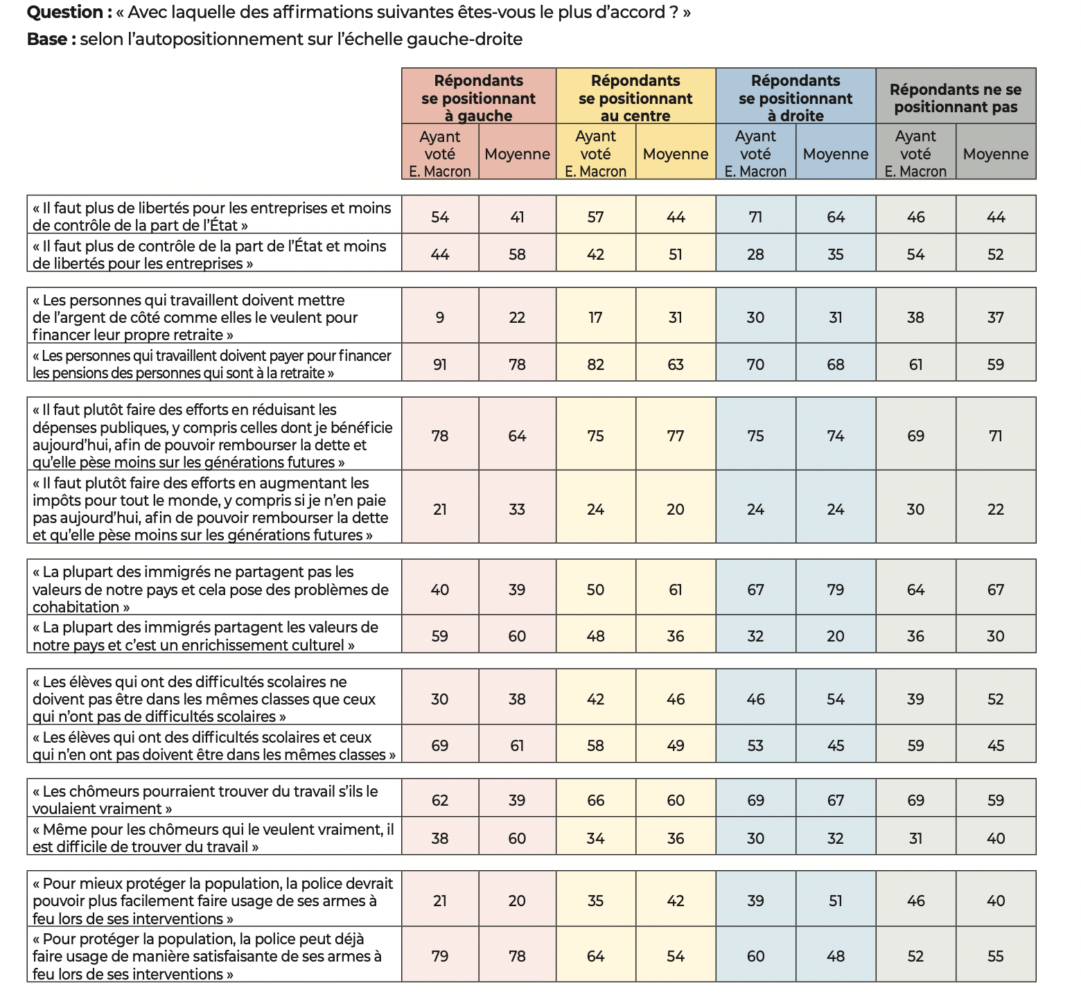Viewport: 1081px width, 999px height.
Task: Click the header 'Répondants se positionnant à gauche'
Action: coord(478,98)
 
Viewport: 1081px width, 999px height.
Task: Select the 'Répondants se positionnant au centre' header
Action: coord(635,98)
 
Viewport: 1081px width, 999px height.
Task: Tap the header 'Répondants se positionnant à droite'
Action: coord(796,98)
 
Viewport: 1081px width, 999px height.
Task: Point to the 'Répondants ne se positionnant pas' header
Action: coord(956,98)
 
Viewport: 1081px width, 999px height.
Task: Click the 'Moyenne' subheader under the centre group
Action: coord(676,154)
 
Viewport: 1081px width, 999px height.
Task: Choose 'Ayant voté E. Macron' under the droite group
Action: coord(755,154)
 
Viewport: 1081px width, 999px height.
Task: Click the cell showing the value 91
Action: coord(440,364)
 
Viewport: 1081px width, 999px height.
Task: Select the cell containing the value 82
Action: coord(595,364)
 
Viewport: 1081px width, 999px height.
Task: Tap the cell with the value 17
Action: coord(595,317)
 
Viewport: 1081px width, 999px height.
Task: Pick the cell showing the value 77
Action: coord(676,436)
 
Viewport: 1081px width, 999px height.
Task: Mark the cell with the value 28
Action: coord(755,254)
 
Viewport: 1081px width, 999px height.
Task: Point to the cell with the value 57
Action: coord(595,217)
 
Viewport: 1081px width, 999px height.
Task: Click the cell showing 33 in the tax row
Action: coord(517,509)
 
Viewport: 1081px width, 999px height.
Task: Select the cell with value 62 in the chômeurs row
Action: coord(440,800)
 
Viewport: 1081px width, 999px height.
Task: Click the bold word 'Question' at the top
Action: coord(64,12)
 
